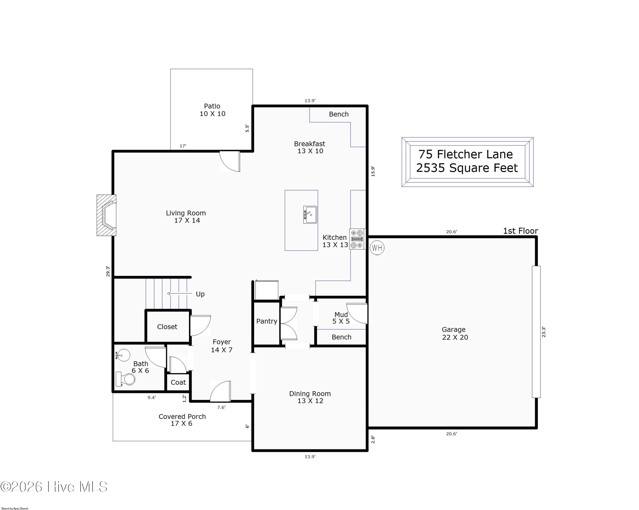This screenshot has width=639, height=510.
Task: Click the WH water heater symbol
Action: [377, 248]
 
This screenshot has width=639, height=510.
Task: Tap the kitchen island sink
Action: [310, 215]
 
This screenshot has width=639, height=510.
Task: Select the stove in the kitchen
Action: [357, 239]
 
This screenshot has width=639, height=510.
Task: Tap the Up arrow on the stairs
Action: [179, 293]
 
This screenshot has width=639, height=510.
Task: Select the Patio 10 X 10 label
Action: [212, 110]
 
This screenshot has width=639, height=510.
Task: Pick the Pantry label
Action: [267, 321]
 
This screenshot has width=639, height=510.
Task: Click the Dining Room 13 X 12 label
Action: [310, 397]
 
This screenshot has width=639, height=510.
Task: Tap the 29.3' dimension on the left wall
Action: [108, 271]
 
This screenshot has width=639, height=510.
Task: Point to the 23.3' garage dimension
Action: [544, 332]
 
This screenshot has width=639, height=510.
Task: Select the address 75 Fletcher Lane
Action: [465, 154]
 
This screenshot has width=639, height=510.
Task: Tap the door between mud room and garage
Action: [357, 314]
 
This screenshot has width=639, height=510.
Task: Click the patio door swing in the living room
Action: [230, 161]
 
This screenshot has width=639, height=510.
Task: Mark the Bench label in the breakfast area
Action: [339, 114]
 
